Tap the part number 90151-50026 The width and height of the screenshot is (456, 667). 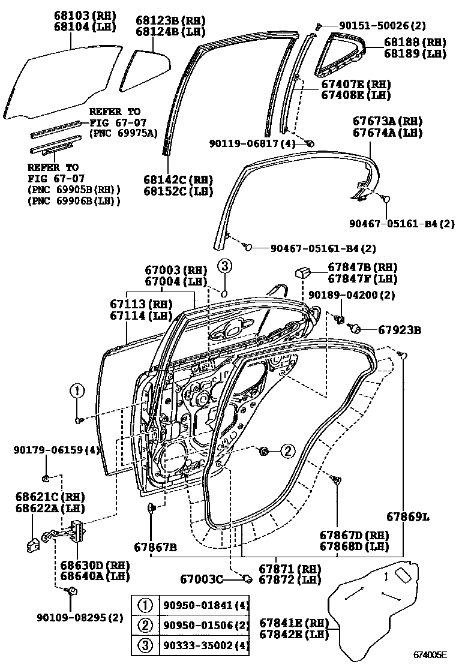click(x=374, y=25)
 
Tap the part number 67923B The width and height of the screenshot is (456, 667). click(x=399, y=329)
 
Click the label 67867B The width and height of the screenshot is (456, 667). click(x=155, y=547)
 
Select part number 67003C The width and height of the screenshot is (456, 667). click(x=202, y=579)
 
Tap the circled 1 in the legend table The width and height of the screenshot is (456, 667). click(x=146, y=606)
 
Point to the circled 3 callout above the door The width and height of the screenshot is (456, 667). click(x=223, y=266)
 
